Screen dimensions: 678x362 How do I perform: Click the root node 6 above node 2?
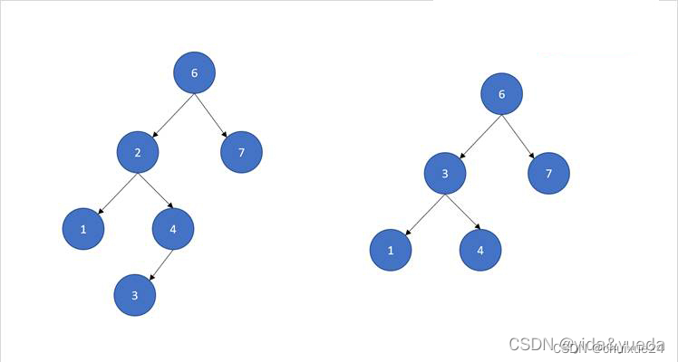(194, 72)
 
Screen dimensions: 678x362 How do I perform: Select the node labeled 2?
(138, 152)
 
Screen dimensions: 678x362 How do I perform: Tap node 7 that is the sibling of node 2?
(241, 152)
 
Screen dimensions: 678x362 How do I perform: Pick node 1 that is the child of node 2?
(83, 230)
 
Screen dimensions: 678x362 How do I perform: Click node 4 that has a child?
(172, 230)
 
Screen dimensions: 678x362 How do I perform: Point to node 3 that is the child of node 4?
(135, 295)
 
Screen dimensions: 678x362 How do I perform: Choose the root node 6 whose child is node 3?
(501, 94)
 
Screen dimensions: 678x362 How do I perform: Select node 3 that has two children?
(445, 172)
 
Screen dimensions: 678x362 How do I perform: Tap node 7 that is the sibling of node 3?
(548, 172)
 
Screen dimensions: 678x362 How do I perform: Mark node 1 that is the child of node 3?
(391, 250)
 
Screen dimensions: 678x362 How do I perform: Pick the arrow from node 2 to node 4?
(153, 191)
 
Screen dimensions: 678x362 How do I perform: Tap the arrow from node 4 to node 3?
(155, 262)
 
